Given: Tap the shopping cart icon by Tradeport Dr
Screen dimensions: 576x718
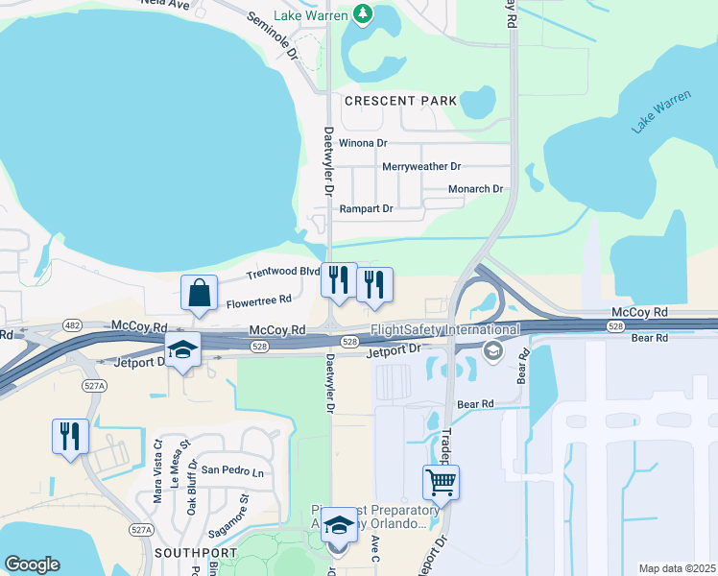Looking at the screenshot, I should click(441, 481).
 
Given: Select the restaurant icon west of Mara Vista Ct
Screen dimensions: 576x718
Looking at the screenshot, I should click(70, 437).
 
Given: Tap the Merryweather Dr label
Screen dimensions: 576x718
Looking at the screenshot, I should click(421, 166).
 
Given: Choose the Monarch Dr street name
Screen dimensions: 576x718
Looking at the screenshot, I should click(476, 189).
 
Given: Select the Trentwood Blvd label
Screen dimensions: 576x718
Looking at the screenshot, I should click(282, 273).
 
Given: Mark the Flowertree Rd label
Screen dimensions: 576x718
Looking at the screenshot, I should click(258, 303).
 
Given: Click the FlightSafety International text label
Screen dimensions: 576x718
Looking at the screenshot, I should click(444, 330).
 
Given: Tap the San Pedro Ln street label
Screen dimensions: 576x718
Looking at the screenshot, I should click(231, 471).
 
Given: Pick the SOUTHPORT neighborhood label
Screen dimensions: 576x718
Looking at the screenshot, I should click(195, 554).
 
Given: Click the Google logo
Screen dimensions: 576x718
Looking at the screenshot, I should click(32, 564).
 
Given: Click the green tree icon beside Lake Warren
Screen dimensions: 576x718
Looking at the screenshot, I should click(363, 13).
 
